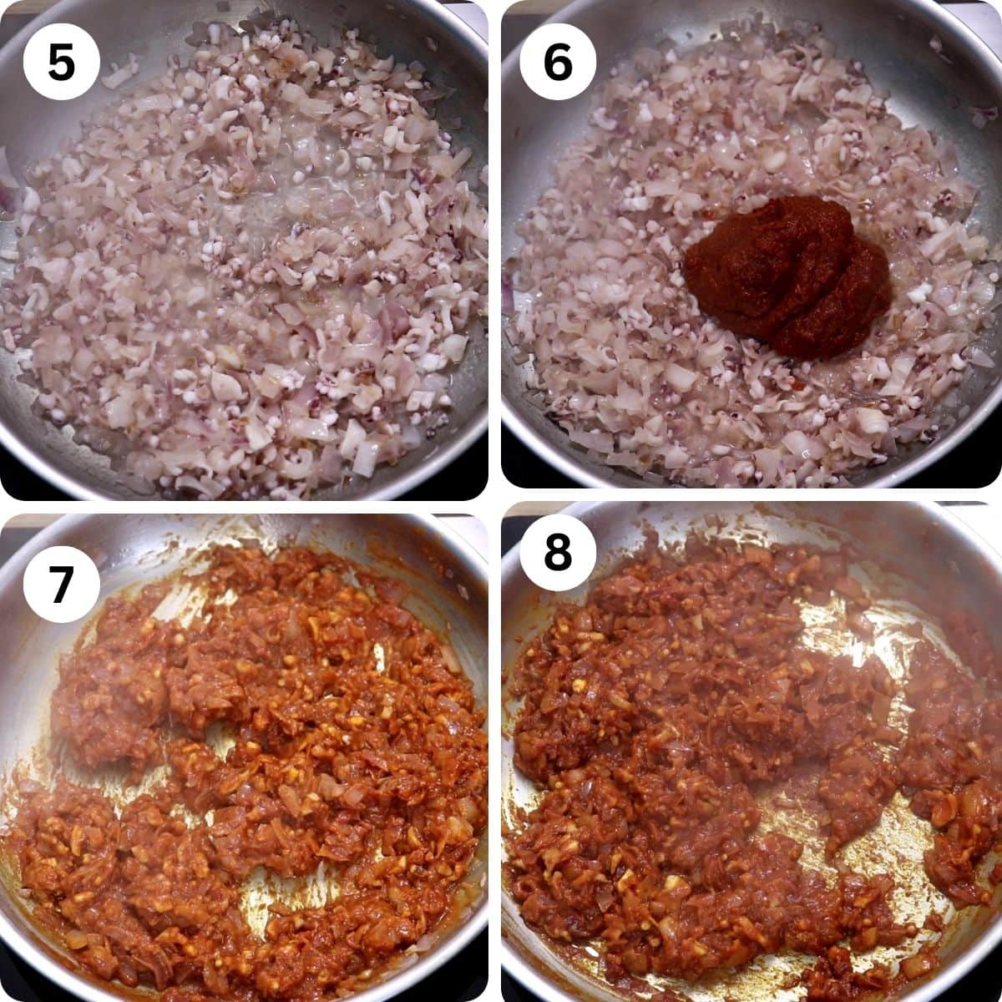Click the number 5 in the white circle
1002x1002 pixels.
pyautogui.click(x=61, y=62)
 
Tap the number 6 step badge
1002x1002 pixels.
pyautogui.click(x=557, y=62)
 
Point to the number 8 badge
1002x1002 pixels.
pyautogui.click(x=557, y=552)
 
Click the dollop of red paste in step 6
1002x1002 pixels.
pyautogui.click(x=785, y=276)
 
